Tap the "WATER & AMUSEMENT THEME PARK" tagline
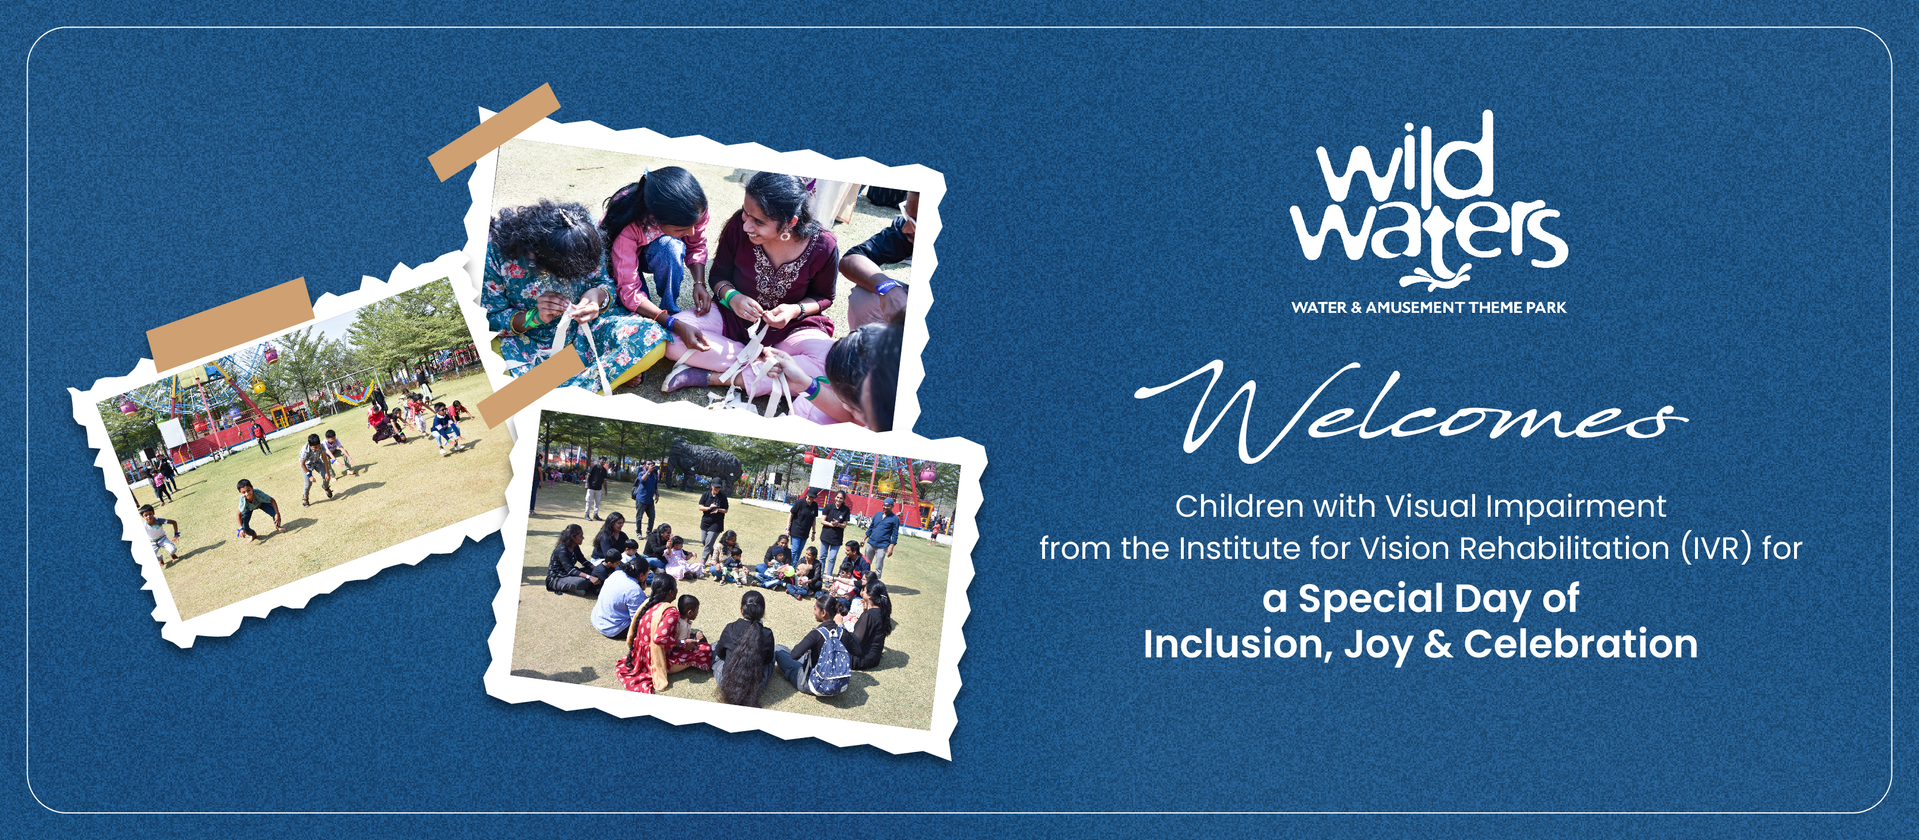pyautogui.click(x=1429, y=307)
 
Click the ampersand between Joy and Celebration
pyautogui.click(x=1438, y=644)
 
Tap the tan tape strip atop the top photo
pyautogui.click(x=495, y=132)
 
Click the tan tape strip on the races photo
pyautogui.click(x=230, y=325)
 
